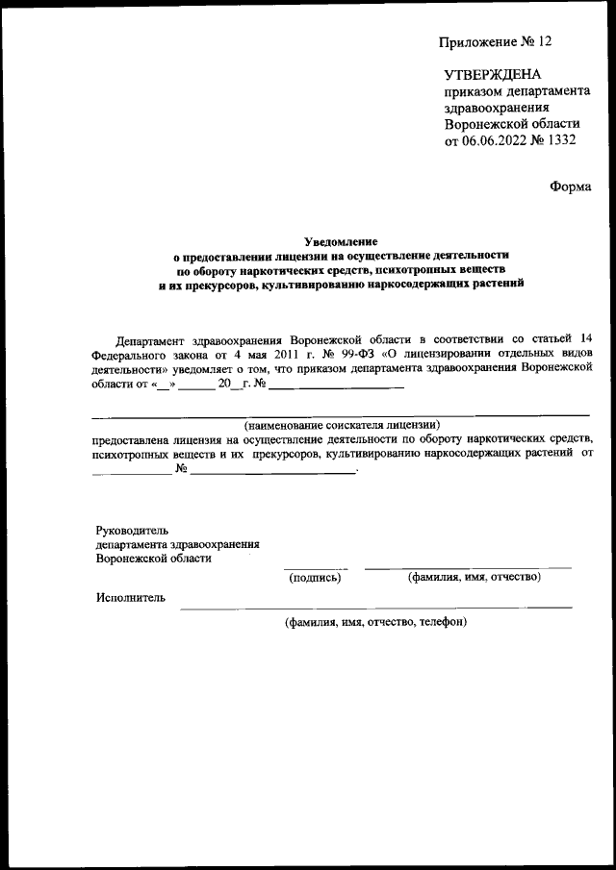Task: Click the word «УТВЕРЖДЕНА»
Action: point(494,74)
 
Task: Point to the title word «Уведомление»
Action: point(341,241)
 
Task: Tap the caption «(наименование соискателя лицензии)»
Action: point(342,423)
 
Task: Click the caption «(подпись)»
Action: point(315,577)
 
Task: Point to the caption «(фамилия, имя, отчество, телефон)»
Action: point(374,622)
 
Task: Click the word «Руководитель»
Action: point(133,529)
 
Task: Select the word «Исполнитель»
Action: point(131,598)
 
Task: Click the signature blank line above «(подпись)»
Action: point(316,567)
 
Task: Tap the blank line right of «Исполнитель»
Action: point(375,607)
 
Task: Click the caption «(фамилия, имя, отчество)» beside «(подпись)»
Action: point(474,577)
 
